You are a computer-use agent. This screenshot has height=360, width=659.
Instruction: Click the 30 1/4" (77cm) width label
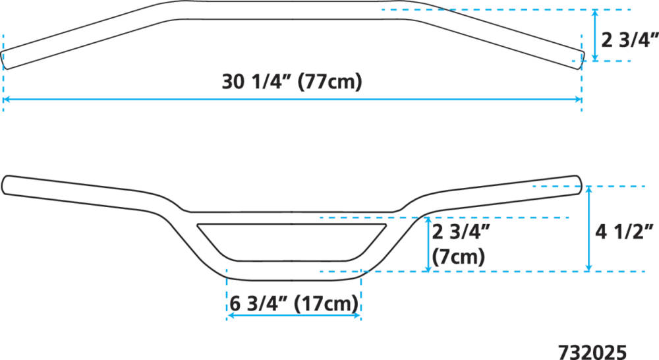tap(292, 81)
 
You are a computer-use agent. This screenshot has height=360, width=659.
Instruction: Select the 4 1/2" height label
tap(624, 231)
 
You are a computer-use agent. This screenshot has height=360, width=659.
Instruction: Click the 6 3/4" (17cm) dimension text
tap(294, 303)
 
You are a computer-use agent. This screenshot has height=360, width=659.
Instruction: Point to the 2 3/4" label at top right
tap(629, 40)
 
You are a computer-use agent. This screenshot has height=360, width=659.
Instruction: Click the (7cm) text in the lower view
tap(459, 256)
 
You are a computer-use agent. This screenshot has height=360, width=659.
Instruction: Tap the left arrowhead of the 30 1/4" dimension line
tap(6, 100)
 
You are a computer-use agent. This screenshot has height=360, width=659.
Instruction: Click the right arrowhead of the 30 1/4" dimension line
tap(579, 100)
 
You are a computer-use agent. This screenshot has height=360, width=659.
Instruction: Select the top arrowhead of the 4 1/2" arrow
tap(588, 190)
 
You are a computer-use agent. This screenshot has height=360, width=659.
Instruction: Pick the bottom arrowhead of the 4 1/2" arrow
tap(588, 268)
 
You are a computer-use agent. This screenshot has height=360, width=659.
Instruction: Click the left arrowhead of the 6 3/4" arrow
tap(230, 315)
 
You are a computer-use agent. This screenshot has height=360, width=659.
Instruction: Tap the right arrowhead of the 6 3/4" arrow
tap(357, 315)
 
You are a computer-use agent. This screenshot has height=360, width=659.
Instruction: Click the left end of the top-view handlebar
tap(3, 61)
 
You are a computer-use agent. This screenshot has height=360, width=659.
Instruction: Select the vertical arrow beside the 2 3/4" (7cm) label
tap(428, 245)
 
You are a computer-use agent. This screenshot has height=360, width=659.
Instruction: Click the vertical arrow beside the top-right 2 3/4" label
tap(594, 36)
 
